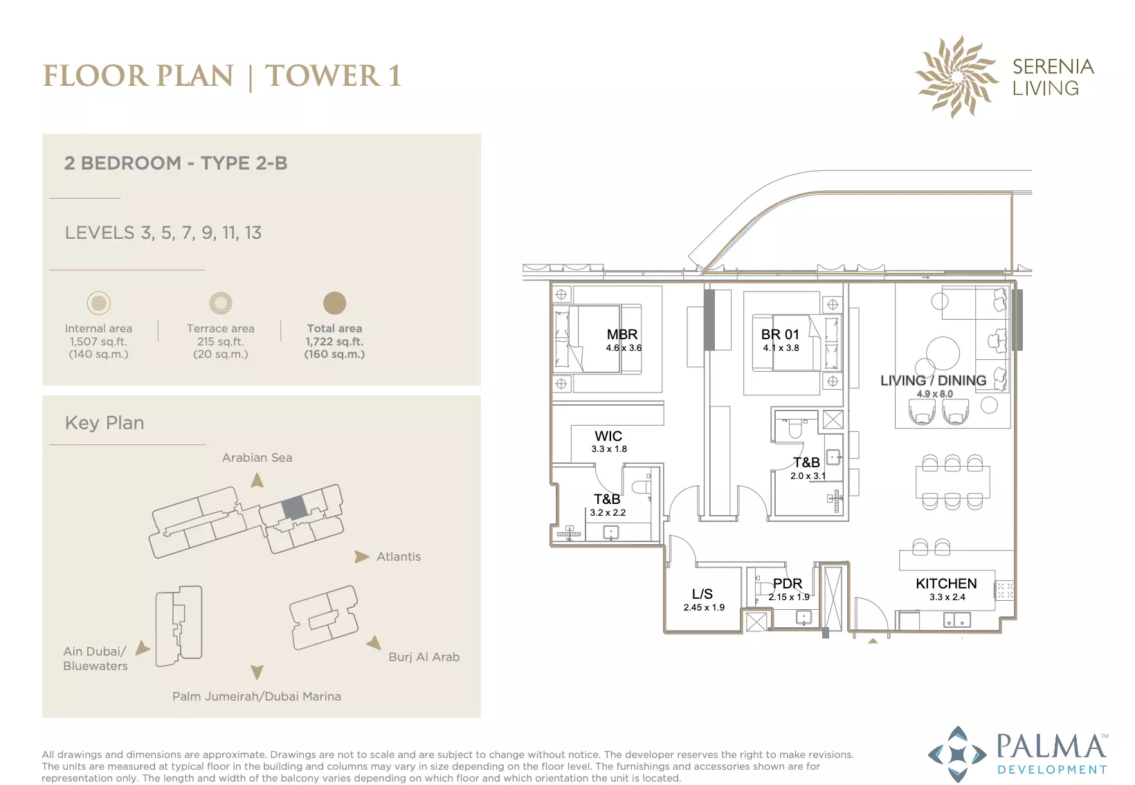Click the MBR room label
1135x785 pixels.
pyautogui.click(x=622, y=334)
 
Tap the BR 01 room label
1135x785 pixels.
pyautogui.click(x=780, y=334)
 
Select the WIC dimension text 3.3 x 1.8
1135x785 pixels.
pyautogui.click(x=609, y=449)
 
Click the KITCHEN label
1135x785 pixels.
pyautogui.click(x=946, y=584)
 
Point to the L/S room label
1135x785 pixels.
pyautogui.click(x=702, y=594)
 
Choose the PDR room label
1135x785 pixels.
pyautogui.click(x=788, y=584)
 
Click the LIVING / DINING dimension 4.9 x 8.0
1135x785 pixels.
pyautogui.click(x=935, y=394)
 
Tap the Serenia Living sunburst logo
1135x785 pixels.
pyautogui.click(x=956, y=77)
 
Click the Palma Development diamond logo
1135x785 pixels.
pyautogui.click(x=957, y=755)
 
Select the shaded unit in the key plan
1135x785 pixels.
pyautogui.click(x=294, y=507)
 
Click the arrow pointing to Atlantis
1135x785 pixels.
pyautogui.click(x=362, y=557)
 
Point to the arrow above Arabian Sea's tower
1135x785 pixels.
pyautogui.click(x=257, y=480)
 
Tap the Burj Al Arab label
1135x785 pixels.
pyautogui.click(x=424, y=657)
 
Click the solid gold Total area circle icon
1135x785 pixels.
pyautogui.click(x=334, y=303)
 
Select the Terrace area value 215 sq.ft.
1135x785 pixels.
pyautogui.click(x=220, y=341)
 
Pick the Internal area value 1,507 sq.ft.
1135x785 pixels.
pyautogui.click(x=98, y=341)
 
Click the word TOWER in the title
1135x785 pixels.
pyautogui.click(x=323, y=76)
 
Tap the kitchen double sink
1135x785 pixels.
pyautogui.click(x=957, y=620)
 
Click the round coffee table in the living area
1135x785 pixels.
pyautogui.click(x=943, y=354)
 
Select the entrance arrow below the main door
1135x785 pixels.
pyautogui.click(x=873, y=641)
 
